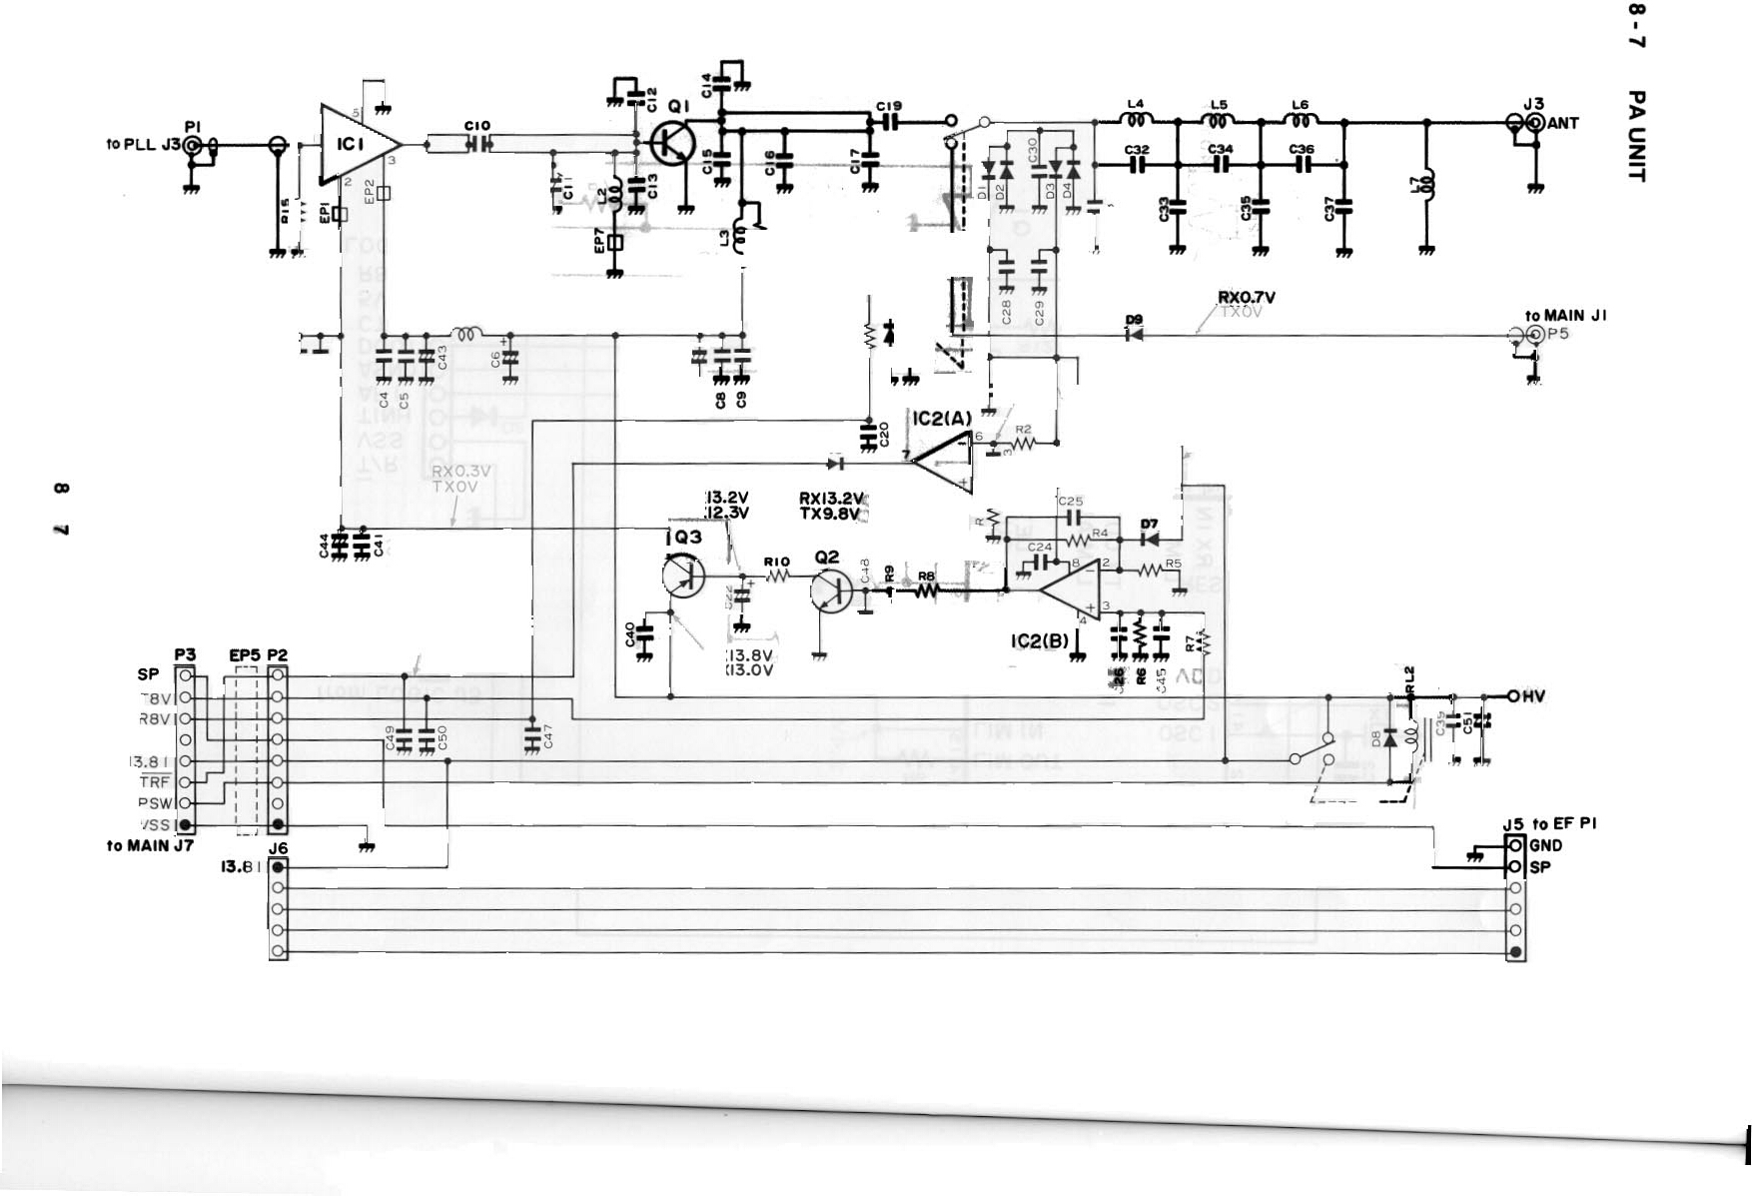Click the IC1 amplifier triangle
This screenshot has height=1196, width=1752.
coord(355,145)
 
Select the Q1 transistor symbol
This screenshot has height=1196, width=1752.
coord(673,143)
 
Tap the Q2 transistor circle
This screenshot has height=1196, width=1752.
coord(831,590)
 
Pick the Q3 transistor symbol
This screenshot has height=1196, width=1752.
coord(684,578)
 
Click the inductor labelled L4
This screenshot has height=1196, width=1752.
coord(1137,121)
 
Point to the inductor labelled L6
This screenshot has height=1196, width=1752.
coord(1301,121)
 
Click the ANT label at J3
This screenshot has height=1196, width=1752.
coord(1563,124)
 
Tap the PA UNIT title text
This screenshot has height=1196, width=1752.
coord(1635,136)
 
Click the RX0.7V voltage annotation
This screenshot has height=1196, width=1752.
coord(1246,298)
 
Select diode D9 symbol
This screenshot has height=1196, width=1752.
coord(1134,334)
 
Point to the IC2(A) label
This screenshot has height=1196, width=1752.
coord(941,419)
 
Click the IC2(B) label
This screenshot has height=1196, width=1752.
coord(1040,640)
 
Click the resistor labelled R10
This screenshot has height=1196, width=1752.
coord(777,577)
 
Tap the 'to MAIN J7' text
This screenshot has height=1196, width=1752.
coord(150,846)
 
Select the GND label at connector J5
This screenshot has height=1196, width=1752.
coord(1545,845)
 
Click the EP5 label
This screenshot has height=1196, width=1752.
coord(245,655)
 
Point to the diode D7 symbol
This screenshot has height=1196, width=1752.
coord(1150,540)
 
